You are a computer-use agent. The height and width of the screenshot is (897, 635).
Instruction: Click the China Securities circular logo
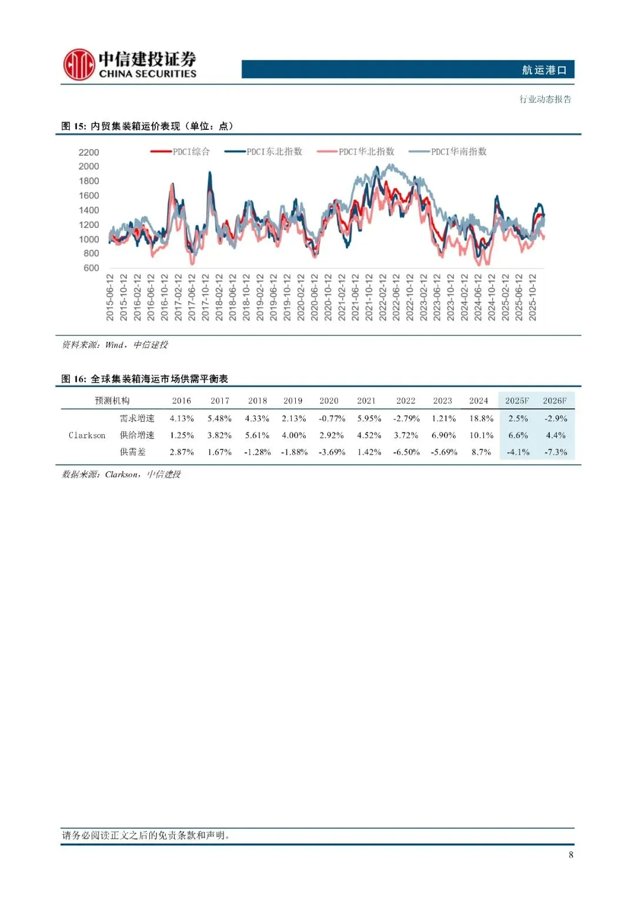click(x=79, y=65)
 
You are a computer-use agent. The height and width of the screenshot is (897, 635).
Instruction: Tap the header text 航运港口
click(x=544, y=70)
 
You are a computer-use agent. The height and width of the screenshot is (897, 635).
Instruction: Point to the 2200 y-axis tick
click(x=89, y=152)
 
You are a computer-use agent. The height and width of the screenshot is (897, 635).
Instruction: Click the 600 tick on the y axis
click(x=91, y=268)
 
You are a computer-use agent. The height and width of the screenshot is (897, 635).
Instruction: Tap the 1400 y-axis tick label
click(x=89, y=210)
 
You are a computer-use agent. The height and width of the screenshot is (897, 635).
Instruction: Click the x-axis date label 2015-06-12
click(x=110, y=297)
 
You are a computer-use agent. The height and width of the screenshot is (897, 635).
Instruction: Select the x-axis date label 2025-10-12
click(x=533, y=297)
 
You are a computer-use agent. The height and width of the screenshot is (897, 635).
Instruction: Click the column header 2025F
click(x=517, y=401)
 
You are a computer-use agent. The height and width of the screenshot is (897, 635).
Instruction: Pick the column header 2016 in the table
click(x=181, y=401)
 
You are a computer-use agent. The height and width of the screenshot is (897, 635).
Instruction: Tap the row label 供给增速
click(x=137, y=435)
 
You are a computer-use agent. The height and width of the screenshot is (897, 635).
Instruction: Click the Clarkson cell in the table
click(x=87, y=435)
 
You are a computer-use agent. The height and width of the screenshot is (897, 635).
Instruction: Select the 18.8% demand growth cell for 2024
click(x=481, y=418)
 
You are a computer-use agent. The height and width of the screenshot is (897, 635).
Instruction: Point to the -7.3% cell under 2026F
click(x=556, y=452)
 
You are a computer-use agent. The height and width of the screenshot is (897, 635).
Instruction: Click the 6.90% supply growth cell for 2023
click(x=443, y=435)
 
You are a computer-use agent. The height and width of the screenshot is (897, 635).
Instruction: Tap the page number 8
click(x=571, y=855)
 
